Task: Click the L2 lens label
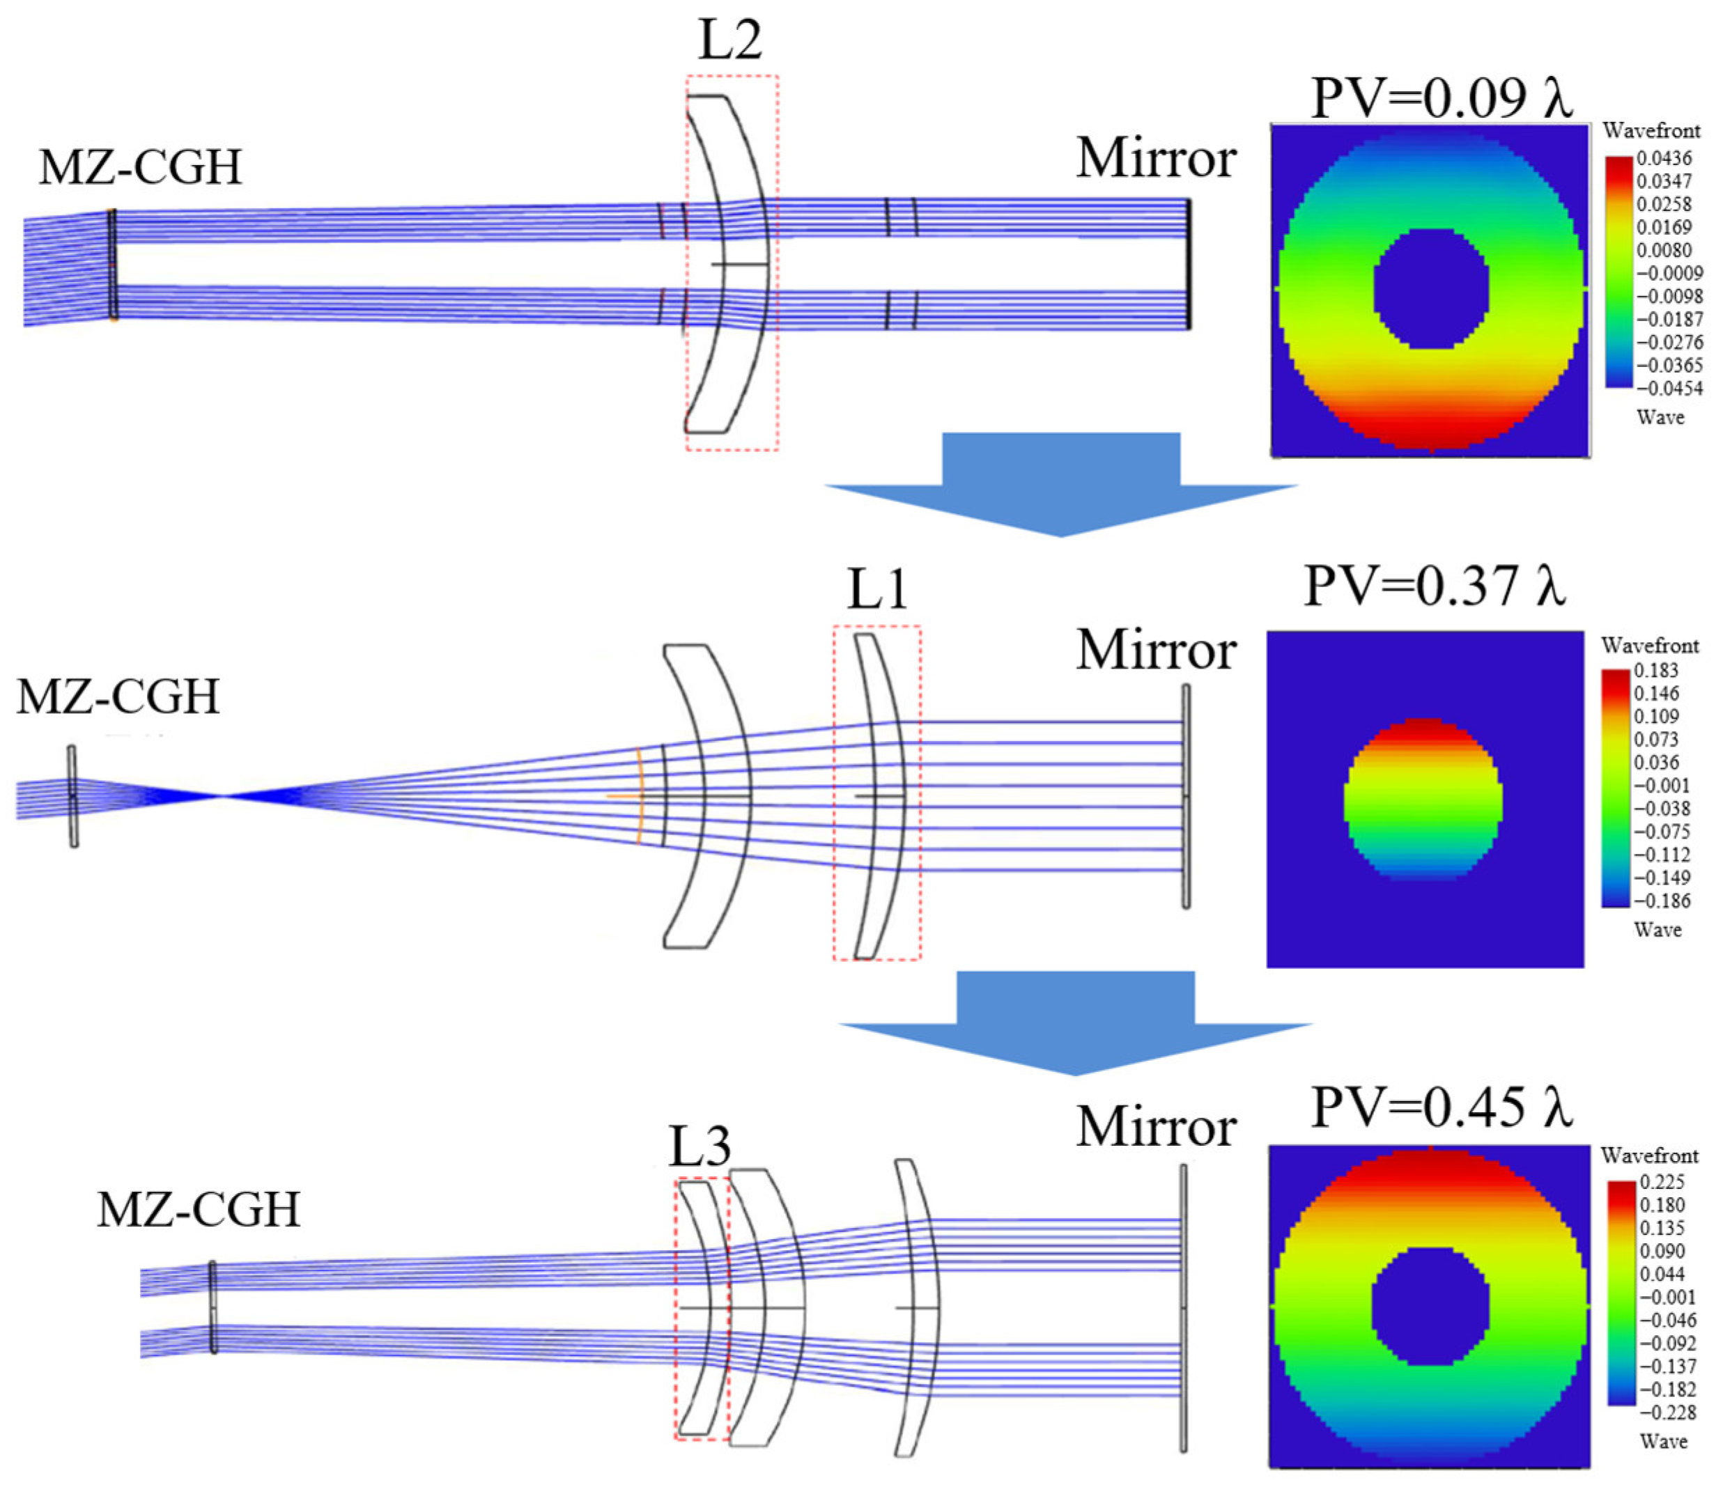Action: point(729,40)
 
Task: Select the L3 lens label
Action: point(700,1148)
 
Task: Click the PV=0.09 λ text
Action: point(1441,98)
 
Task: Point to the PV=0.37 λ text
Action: point(1435,586)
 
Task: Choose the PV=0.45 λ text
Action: point(1441,1107)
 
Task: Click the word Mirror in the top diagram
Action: point(1156,158)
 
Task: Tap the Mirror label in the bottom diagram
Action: point(1156,1128)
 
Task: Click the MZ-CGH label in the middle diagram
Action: point(118,696)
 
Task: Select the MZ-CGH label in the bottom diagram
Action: point(199,1209)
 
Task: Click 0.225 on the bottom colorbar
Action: point(1662,1182)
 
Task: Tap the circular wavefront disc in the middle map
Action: point(1423,798)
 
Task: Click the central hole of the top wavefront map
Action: point(1430,288)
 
